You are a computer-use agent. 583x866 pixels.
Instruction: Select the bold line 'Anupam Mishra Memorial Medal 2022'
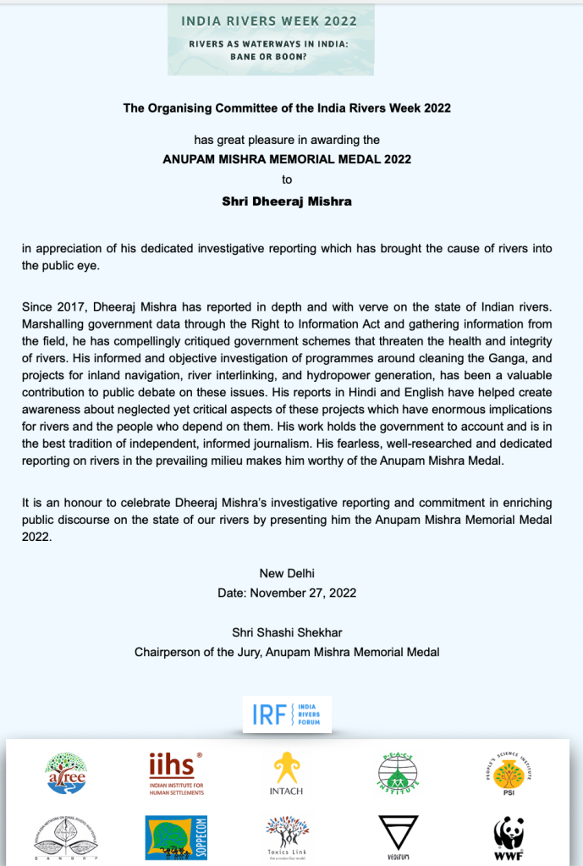pos(287,157)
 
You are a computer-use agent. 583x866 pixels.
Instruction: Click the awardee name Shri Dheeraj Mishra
pos(287,201)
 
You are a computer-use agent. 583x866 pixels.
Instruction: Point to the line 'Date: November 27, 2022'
pos(287,593)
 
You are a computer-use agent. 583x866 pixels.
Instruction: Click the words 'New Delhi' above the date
pos(287,573)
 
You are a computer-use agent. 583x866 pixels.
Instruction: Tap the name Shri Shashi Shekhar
pos(287,632)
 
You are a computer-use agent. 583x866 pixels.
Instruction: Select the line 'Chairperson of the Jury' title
pos(287,652)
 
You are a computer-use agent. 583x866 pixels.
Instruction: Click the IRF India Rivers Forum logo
pos(287,714)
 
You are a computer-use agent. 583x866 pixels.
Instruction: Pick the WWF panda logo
pos(509,833)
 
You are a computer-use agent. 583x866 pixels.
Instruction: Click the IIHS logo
pos(176,771)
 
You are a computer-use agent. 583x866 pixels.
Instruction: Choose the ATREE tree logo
pos(65,772)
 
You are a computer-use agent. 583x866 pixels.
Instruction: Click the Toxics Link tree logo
pos(287,834)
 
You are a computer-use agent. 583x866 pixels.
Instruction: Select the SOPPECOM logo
pos(176,833)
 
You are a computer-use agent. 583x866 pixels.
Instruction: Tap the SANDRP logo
pos(65,833)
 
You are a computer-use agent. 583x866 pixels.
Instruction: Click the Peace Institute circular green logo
pos(398,771)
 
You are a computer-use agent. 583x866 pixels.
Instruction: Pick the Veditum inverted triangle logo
pos(398,834)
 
